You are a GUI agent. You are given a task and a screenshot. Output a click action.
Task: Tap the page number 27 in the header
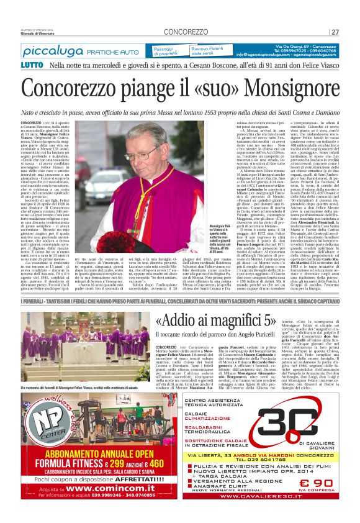click(335, 32)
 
